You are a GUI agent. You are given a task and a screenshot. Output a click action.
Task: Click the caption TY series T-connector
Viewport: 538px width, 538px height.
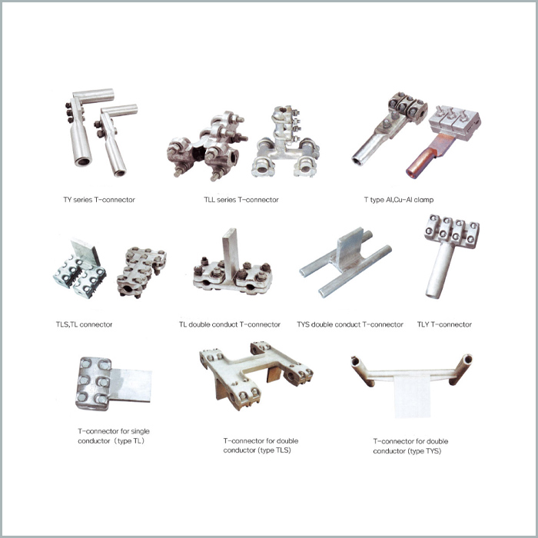[99, 200]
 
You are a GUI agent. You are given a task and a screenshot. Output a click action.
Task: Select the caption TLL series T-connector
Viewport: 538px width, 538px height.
[241, 200]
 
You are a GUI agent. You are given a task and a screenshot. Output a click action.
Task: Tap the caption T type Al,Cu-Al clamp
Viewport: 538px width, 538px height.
[399, 200]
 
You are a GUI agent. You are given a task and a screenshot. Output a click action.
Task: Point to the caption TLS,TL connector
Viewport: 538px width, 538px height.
[84, 324]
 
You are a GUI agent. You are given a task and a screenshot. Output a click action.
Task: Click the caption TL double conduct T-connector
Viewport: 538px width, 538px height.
[230, 324]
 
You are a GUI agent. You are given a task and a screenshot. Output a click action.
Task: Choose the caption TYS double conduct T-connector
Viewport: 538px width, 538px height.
[350, 324]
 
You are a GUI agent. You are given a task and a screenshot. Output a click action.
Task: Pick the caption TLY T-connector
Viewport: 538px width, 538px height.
[444, 324]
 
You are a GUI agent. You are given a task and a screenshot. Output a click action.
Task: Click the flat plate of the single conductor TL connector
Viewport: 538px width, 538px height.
[131, 385]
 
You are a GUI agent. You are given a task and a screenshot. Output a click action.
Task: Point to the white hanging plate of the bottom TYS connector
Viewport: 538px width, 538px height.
[412, 397]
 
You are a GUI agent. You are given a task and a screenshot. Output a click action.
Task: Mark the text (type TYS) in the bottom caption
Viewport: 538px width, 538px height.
[424, 451]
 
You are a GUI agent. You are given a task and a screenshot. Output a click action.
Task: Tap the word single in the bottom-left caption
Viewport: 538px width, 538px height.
[141, 431]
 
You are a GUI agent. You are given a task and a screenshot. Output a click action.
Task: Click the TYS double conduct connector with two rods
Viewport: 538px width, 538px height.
[346, 262]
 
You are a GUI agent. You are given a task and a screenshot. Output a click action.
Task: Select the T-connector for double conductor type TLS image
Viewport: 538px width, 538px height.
[256, 376]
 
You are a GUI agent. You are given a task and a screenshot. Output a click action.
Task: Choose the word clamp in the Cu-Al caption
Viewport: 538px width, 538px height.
[423, 200]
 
